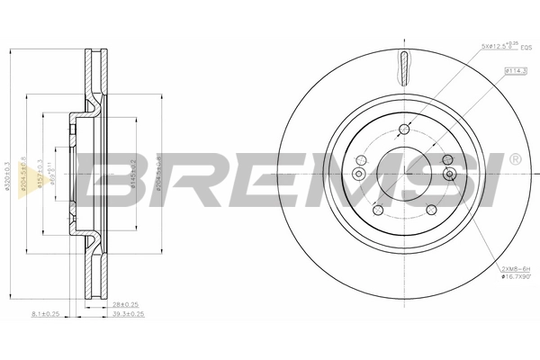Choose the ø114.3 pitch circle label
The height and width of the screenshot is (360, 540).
tap(515, 69)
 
